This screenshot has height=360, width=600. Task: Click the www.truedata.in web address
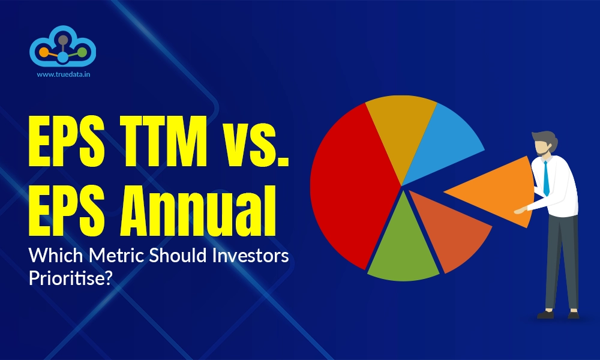click(x=62, y=76)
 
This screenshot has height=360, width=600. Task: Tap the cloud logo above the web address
click(x=62, y=48)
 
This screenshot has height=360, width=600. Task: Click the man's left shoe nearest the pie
click(x=546, y=314)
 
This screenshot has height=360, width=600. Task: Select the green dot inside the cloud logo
click(x=82, y=52)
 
